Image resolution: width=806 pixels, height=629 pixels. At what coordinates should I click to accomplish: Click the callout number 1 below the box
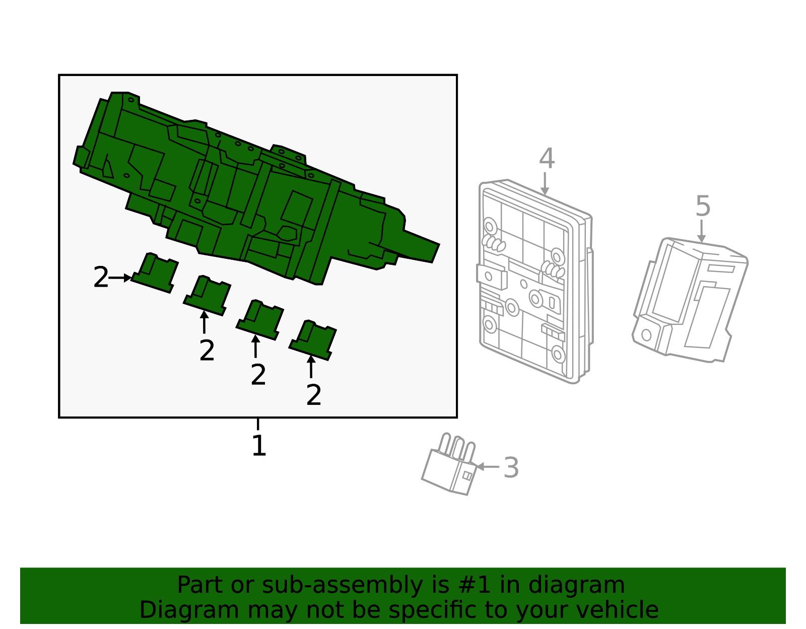[x=258, y=446]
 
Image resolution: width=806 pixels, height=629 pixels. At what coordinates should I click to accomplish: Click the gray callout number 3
[x=511, y=468]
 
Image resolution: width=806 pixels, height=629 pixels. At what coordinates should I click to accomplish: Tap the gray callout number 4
[x=547, y=159]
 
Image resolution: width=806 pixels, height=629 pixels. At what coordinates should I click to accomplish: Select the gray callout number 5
[x=703, y=207]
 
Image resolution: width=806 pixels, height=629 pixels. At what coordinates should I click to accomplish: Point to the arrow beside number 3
[x=487, y=467]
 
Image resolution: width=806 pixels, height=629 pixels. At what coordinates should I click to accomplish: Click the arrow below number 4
[x=545, y=184]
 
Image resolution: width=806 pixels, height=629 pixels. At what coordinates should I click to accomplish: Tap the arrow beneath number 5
[x=701, y=232]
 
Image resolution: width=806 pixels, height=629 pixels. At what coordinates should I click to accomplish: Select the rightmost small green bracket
[x=313, y=340]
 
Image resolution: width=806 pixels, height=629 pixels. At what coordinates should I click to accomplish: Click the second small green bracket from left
[x=208, y=296]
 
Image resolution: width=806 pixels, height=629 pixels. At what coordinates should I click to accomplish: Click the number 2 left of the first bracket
[x=101, y=278]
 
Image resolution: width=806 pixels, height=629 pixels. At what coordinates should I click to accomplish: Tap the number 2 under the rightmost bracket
[x=313, y=395]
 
